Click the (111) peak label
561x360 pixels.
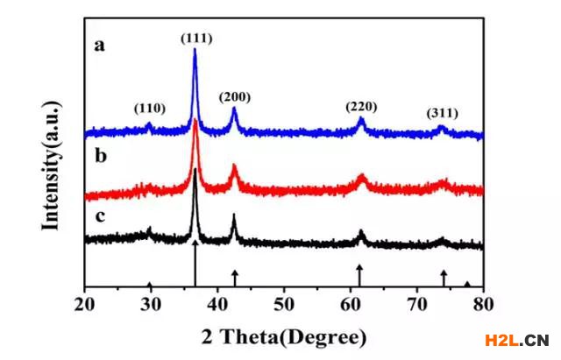[x=195, y=38]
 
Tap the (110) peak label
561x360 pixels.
[x=149, y=109]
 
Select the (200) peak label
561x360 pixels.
[x=235, y=95]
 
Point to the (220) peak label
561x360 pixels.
[x=360, y=107]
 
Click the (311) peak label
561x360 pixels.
[x=442, y=113]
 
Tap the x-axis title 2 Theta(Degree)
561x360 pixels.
[x=284, y=336]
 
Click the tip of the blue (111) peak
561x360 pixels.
[x=195, y=50]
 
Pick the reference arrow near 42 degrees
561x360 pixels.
[x=235, y=277]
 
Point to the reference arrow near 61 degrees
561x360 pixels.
[x=359, y=273]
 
